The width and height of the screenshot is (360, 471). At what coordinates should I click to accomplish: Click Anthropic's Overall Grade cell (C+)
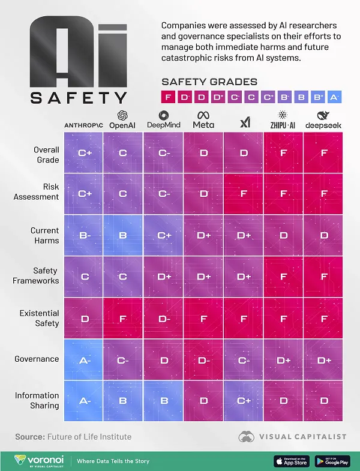(x=84, y=153)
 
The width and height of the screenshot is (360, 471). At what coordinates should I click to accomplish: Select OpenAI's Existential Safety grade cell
(x=123, y=318)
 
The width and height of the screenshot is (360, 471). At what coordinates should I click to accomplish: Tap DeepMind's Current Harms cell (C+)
(x=164, y=235)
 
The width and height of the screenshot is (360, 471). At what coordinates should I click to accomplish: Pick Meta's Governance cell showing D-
(x=203, y=359)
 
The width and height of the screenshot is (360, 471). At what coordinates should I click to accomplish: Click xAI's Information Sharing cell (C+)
(x=244, y=400)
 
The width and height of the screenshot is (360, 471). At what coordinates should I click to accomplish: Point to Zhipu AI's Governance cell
(x=283, y=359)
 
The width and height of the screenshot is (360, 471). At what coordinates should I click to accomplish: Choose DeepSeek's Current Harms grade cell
(x=323, y=235)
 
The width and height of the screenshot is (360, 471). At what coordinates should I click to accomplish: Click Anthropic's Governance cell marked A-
(x=84, y=359)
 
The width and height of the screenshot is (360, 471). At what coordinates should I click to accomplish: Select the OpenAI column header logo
(x=123, y=119)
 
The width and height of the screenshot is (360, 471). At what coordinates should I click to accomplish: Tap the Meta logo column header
(x=203, y=119)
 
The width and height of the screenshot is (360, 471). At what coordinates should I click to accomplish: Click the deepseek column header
(x=323, y=119)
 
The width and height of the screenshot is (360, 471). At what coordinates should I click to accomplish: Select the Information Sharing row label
(x=37, y=400)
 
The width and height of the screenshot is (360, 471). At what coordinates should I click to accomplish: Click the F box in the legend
(x=168, y=97)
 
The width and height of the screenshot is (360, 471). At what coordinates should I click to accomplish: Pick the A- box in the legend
(x=334, y=97)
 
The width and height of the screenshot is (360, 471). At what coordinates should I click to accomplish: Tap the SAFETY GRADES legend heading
(x=209, y=82)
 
